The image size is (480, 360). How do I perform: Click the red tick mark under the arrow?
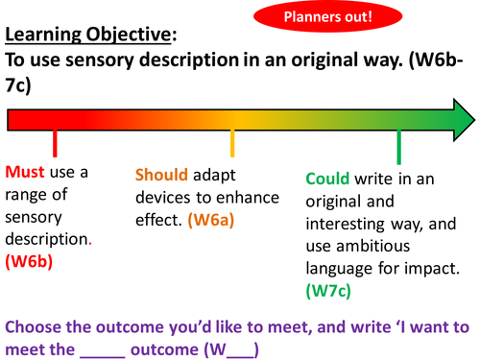[x=56, y=144]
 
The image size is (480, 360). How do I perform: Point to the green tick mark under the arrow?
[x=398, y=148]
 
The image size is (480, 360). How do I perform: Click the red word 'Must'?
[x=26, y=173]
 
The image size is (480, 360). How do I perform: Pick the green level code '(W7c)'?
[x=330, y=288]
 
